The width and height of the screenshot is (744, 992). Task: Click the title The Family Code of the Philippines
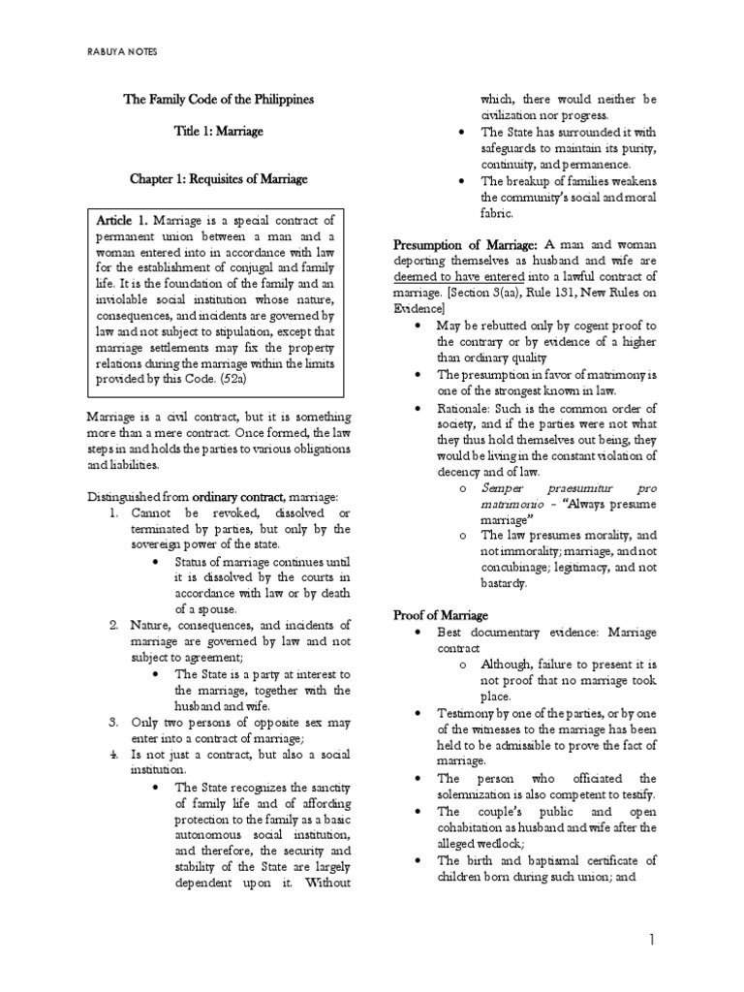tap(217, 100)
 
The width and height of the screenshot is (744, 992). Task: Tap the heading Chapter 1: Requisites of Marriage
tap(219, 180)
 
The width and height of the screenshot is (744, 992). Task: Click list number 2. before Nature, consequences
tap(114, 625)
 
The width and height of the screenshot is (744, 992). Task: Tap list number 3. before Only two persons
tap(114, 722)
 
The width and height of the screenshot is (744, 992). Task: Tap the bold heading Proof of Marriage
tap(441, 615)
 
